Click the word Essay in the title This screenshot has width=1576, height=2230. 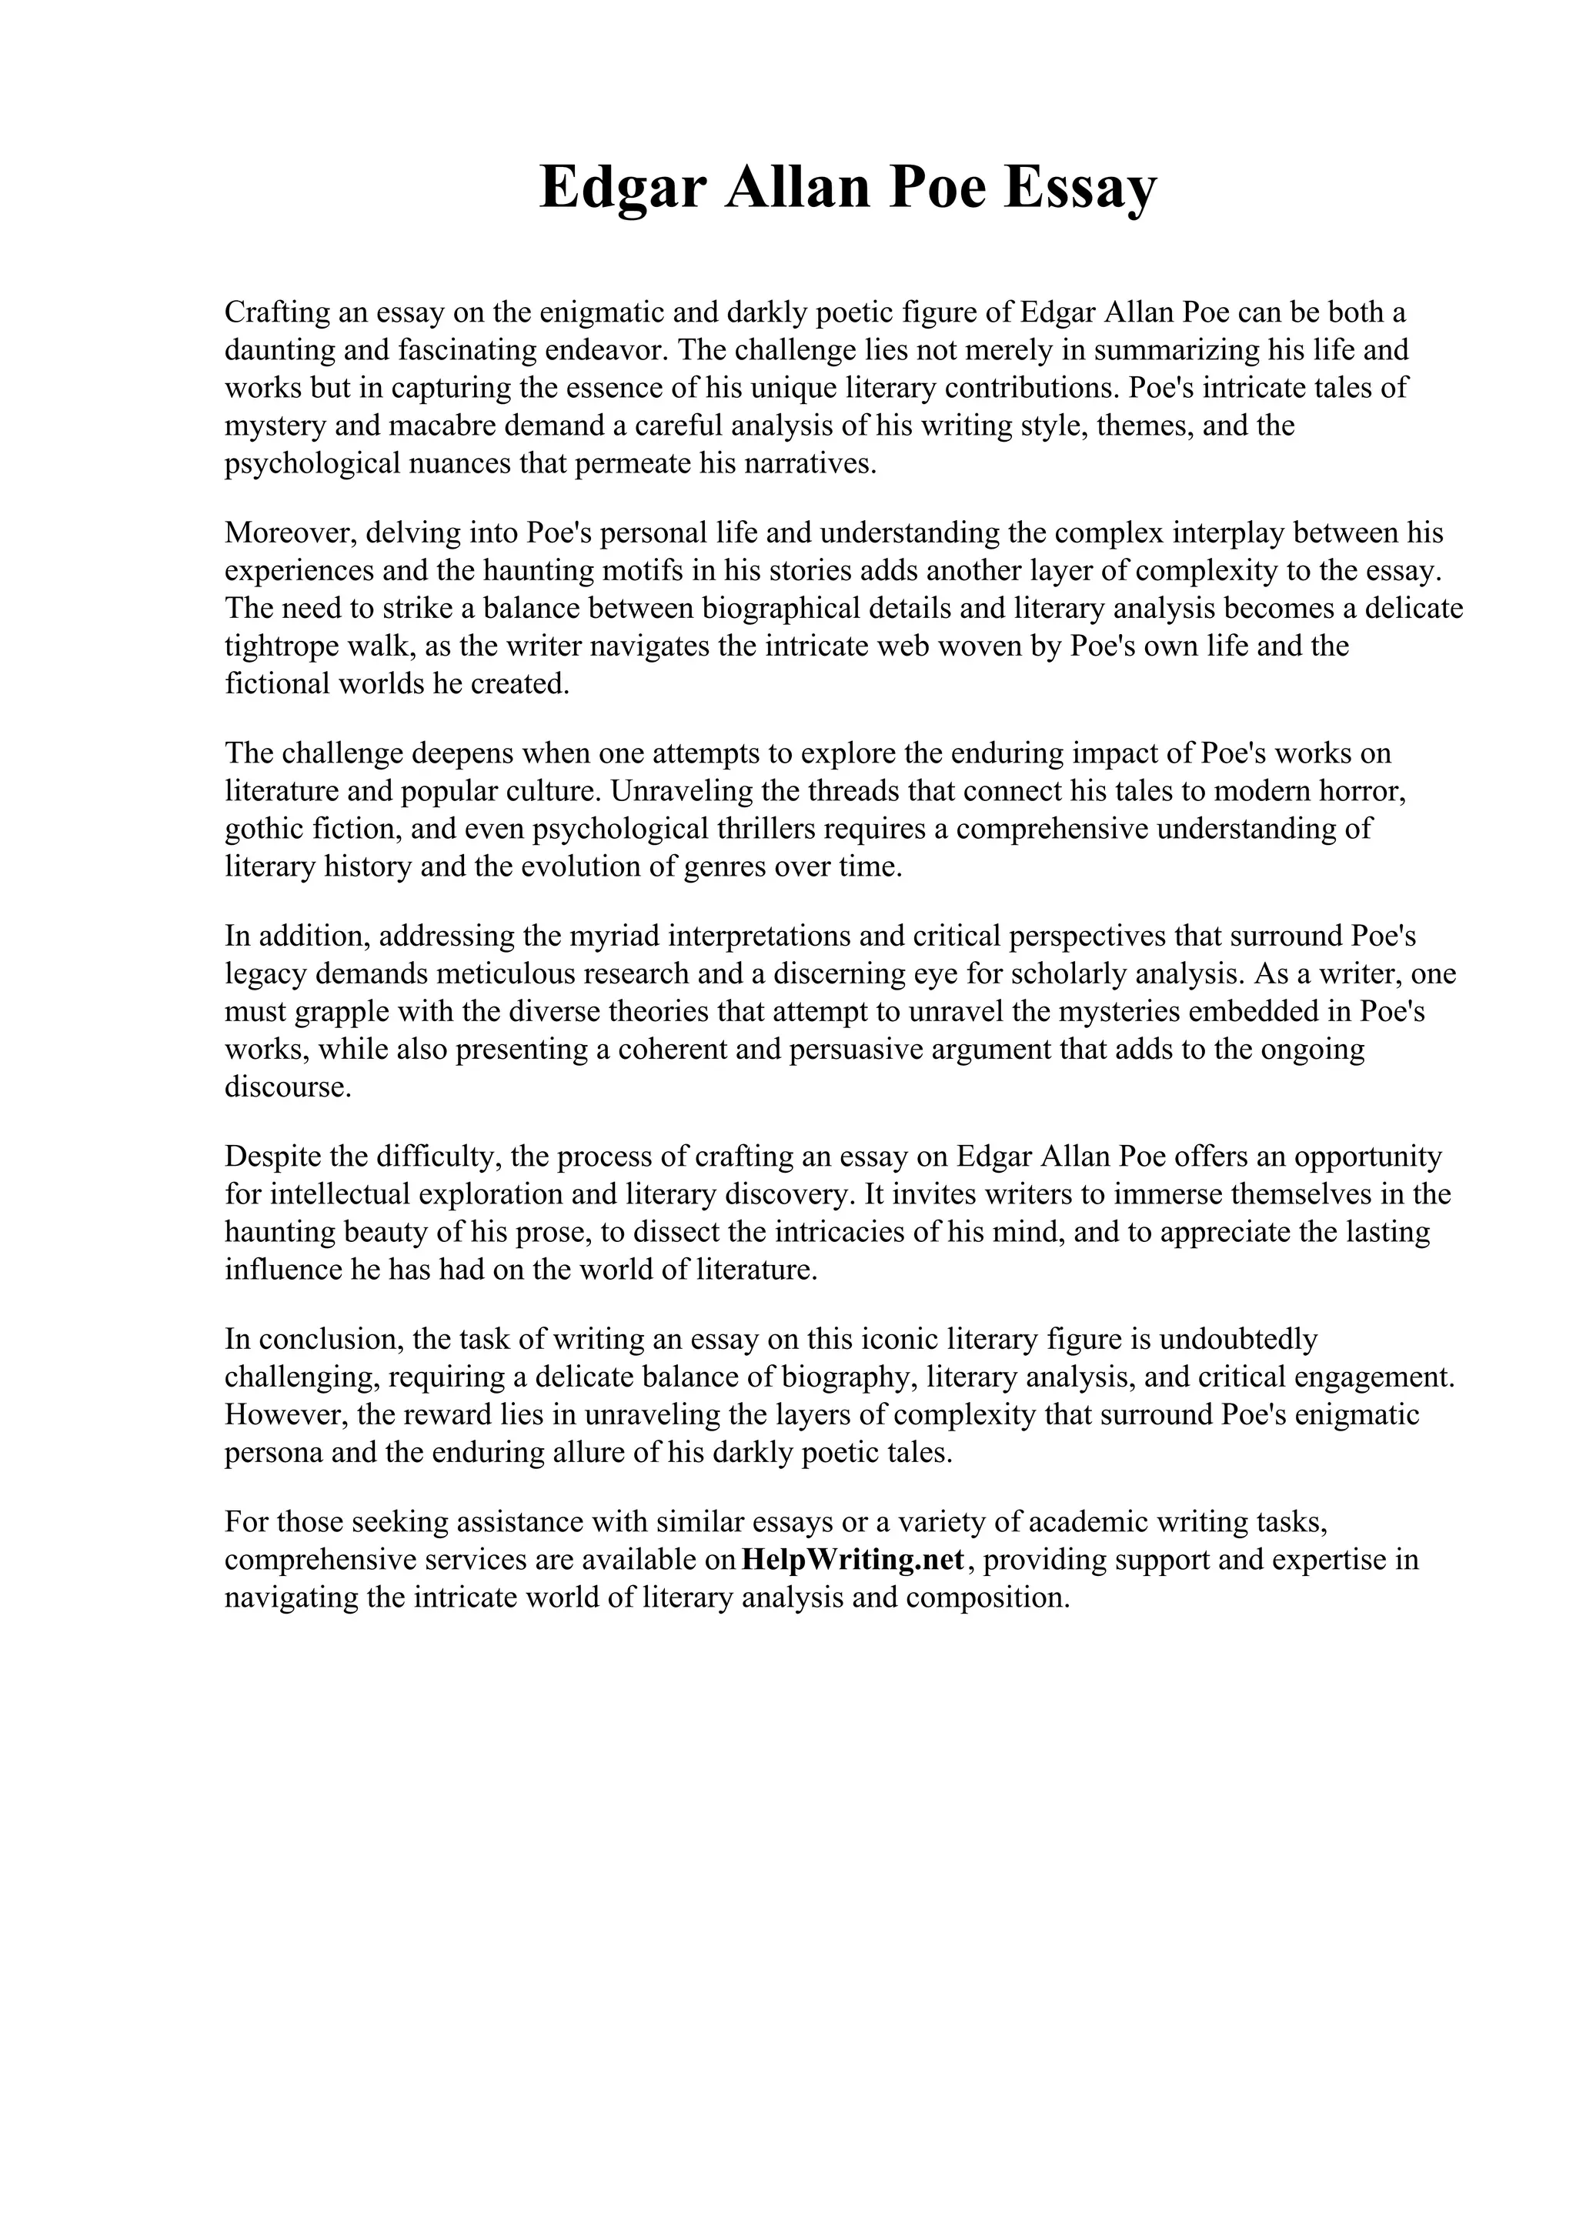click(1080, 188)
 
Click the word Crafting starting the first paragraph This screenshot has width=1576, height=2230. click(275, 312)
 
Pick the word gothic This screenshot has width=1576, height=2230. click(262, 829)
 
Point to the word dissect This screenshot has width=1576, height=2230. click(675, 1231)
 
